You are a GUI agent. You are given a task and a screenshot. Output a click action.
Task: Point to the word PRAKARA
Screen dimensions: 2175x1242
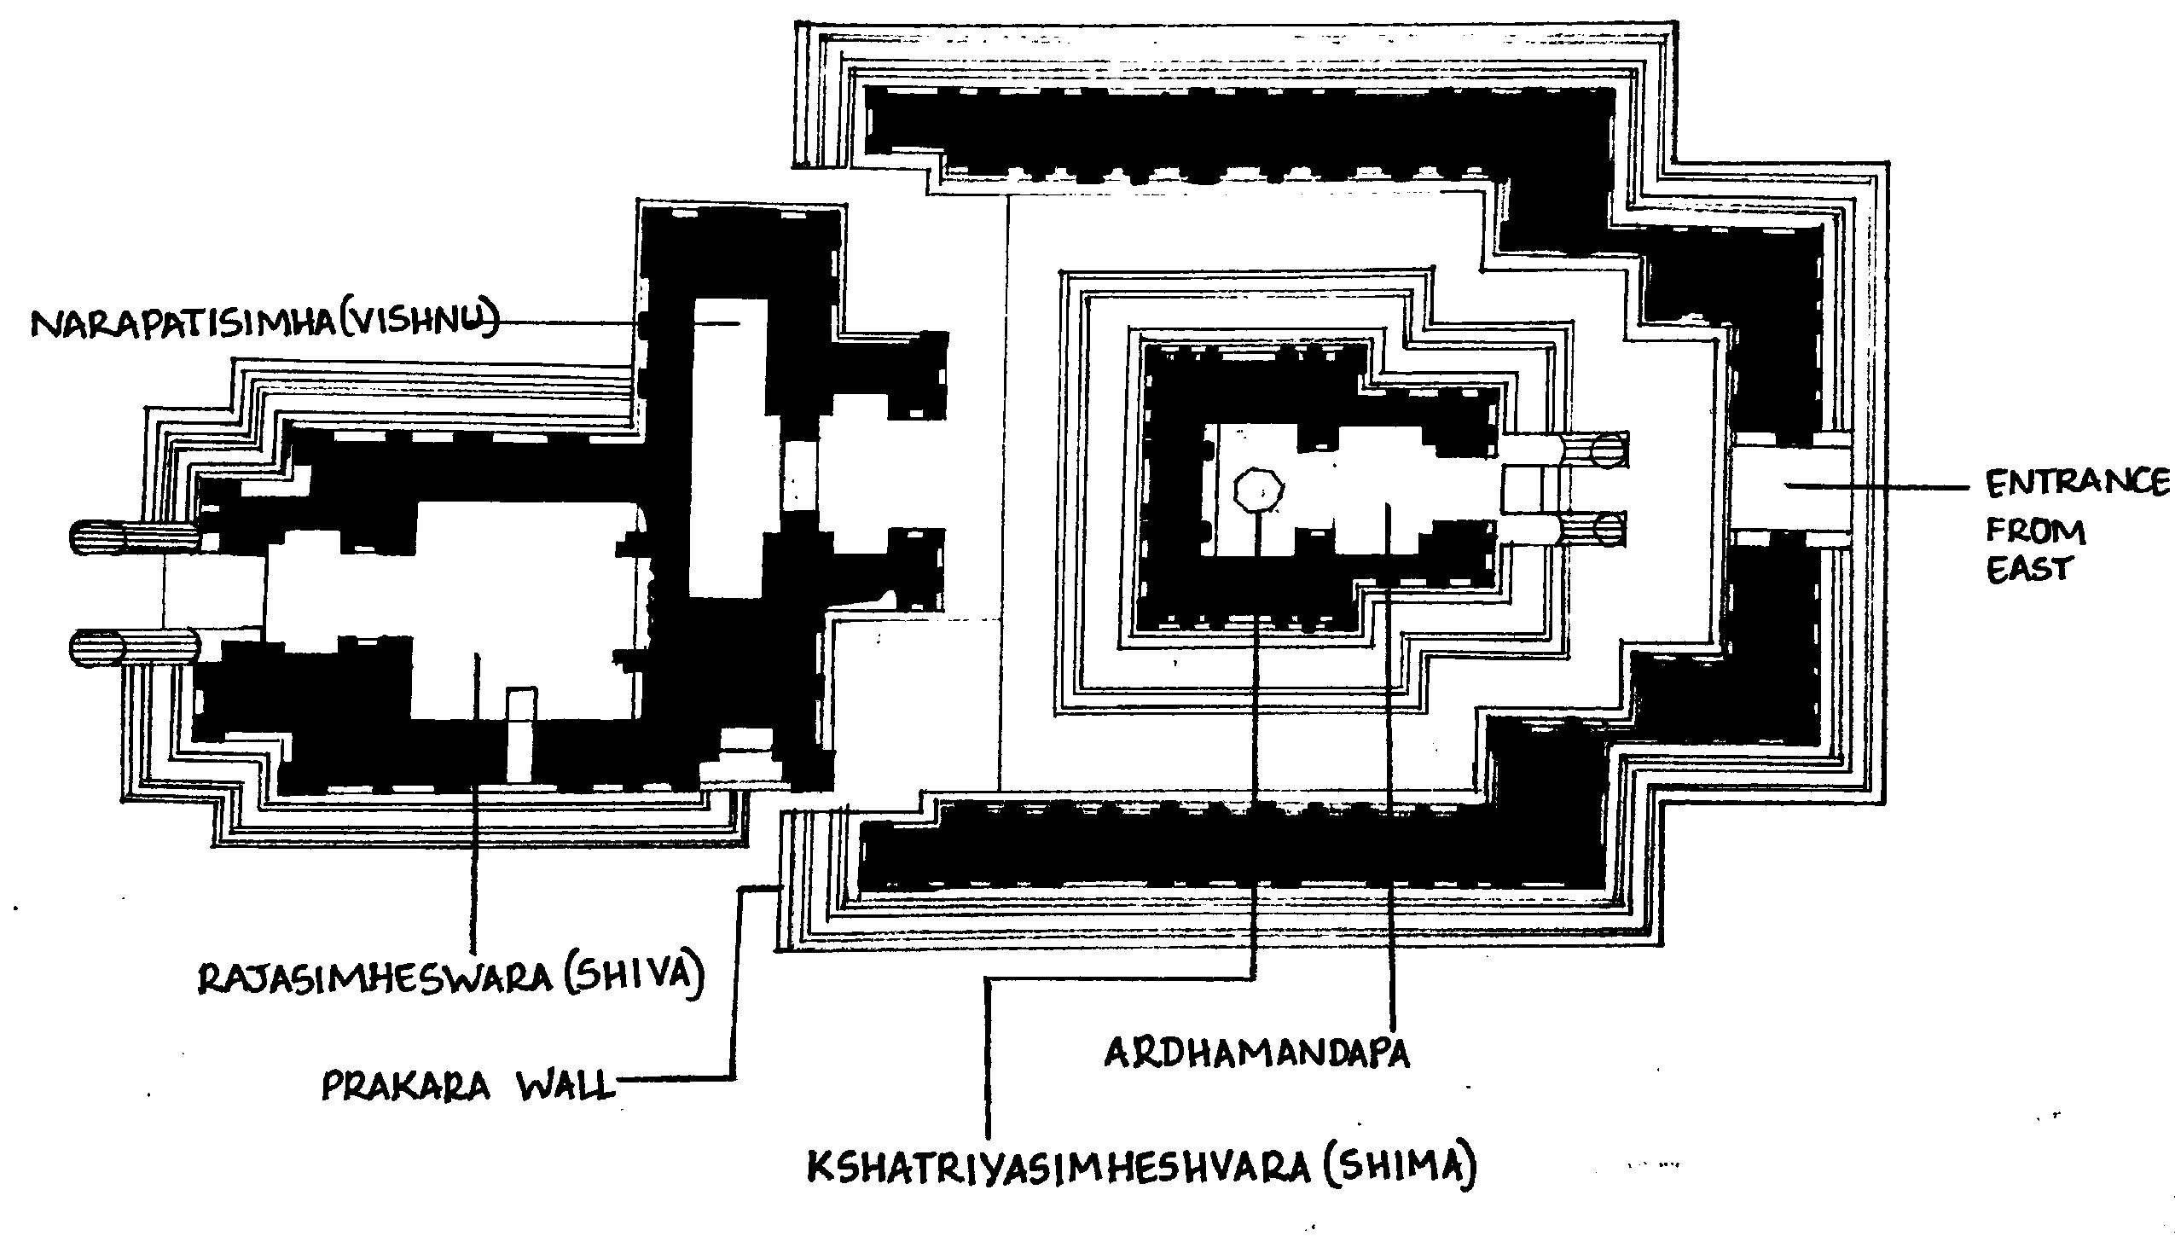pos(406,1087)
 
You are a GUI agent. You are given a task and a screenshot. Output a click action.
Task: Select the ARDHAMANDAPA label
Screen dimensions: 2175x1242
pos(1256,1053)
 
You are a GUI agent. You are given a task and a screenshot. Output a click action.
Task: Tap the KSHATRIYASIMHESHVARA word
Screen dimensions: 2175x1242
pos(1058,1167)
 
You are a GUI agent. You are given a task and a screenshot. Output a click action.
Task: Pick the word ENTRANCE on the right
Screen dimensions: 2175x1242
pos(2078,483)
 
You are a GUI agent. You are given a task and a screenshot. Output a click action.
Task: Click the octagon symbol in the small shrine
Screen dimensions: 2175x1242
pos(1258,490)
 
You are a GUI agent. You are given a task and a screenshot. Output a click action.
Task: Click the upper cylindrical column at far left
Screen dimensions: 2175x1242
pos(136,536)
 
